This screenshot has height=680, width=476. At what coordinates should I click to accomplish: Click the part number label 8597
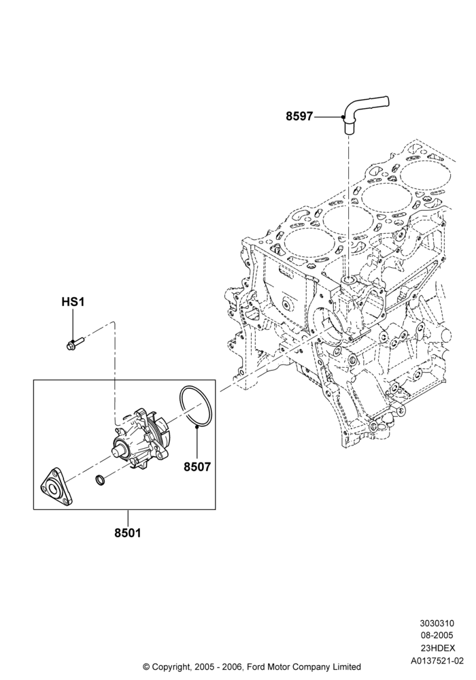[299, 117]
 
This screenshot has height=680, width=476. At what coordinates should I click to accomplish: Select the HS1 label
[72, 301]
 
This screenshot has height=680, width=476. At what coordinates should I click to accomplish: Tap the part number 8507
[197, 466]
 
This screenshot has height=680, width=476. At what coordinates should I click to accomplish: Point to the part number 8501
[128, 532]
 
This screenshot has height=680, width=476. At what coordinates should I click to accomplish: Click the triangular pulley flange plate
[55, 487]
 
